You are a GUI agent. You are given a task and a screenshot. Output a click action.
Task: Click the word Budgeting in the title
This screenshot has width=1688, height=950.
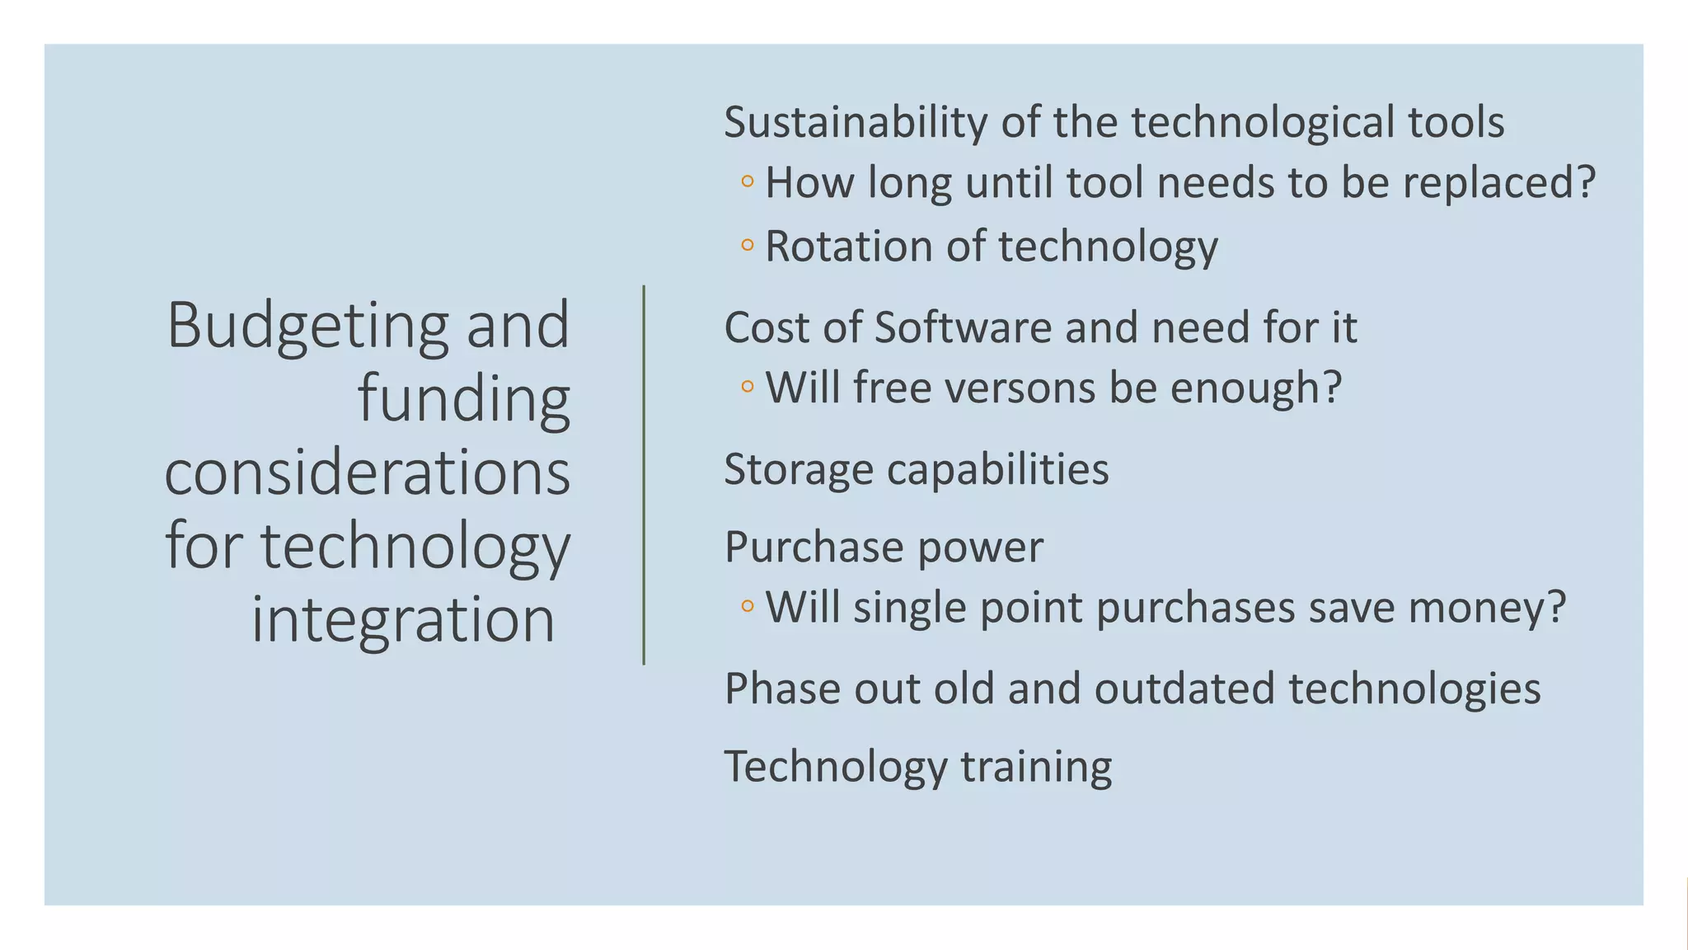(x=307, y=327)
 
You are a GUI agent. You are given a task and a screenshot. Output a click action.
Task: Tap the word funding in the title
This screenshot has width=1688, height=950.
(x=464, y=399)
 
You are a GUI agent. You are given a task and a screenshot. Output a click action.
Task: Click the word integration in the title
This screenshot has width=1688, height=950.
(x=403, y=619)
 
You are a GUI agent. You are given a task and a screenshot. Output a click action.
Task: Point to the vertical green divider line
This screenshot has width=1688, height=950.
(x=644, y=474)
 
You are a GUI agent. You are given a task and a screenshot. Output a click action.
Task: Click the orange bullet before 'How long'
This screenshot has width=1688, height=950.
(x=748, y=181)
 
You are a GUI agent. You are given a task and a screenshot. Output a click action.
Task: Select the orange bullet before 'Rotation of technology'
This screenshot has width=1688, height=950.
(x=748, y=245)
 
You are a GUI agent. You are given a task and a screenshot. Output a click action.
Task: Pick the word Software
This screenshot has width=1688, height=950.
(x=963, y=327)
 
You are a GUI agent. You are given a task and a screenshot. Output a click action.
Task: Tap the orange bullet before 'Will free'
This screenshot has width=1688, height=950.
(x=748, y=386)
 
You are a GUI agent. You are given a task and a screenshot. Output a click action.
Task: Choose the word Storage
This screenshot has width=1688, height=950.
(x=799, y=470)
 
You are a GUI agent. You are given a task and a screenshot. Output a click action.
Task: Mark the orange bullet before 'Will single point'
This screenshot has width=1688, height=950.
(x=748, y=606)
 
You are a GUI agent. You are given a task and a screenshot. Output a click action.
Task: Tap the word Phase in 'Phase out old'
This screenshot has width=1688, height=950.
(x=782, y=689)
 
